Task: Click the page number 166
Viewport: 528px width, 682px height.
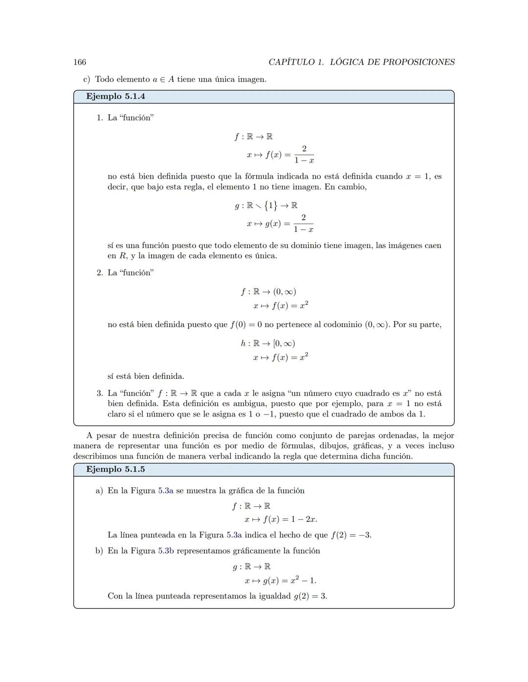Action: pos(80,62)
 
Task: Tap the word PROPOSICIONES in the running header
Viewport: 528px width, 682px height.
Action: pos(418,62)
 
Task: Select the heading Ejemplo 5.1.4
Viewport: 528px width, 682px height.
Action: pos(115,97)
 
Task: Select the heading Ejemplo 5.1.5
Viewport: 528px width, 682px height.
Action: pos(115,470)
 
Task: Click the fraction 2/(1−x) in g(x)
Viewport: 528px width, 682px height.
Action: pos(304,223)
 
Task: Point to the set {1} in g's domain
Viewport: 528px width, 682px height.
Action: pos(270,206)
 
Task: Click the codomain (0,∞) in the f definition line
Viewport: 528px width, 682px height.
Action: pos(285,292)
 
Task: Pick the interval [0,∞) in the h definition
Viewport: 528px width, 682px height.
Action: pos(284,344)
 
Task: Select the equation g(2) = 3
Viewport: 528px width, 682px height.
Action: pos(310,596)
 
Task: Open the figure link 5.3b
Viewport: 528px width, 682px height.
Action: pos(166,551)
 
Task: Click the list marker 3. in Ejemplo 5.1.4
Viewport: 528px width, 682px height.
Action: pos(99,393)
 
